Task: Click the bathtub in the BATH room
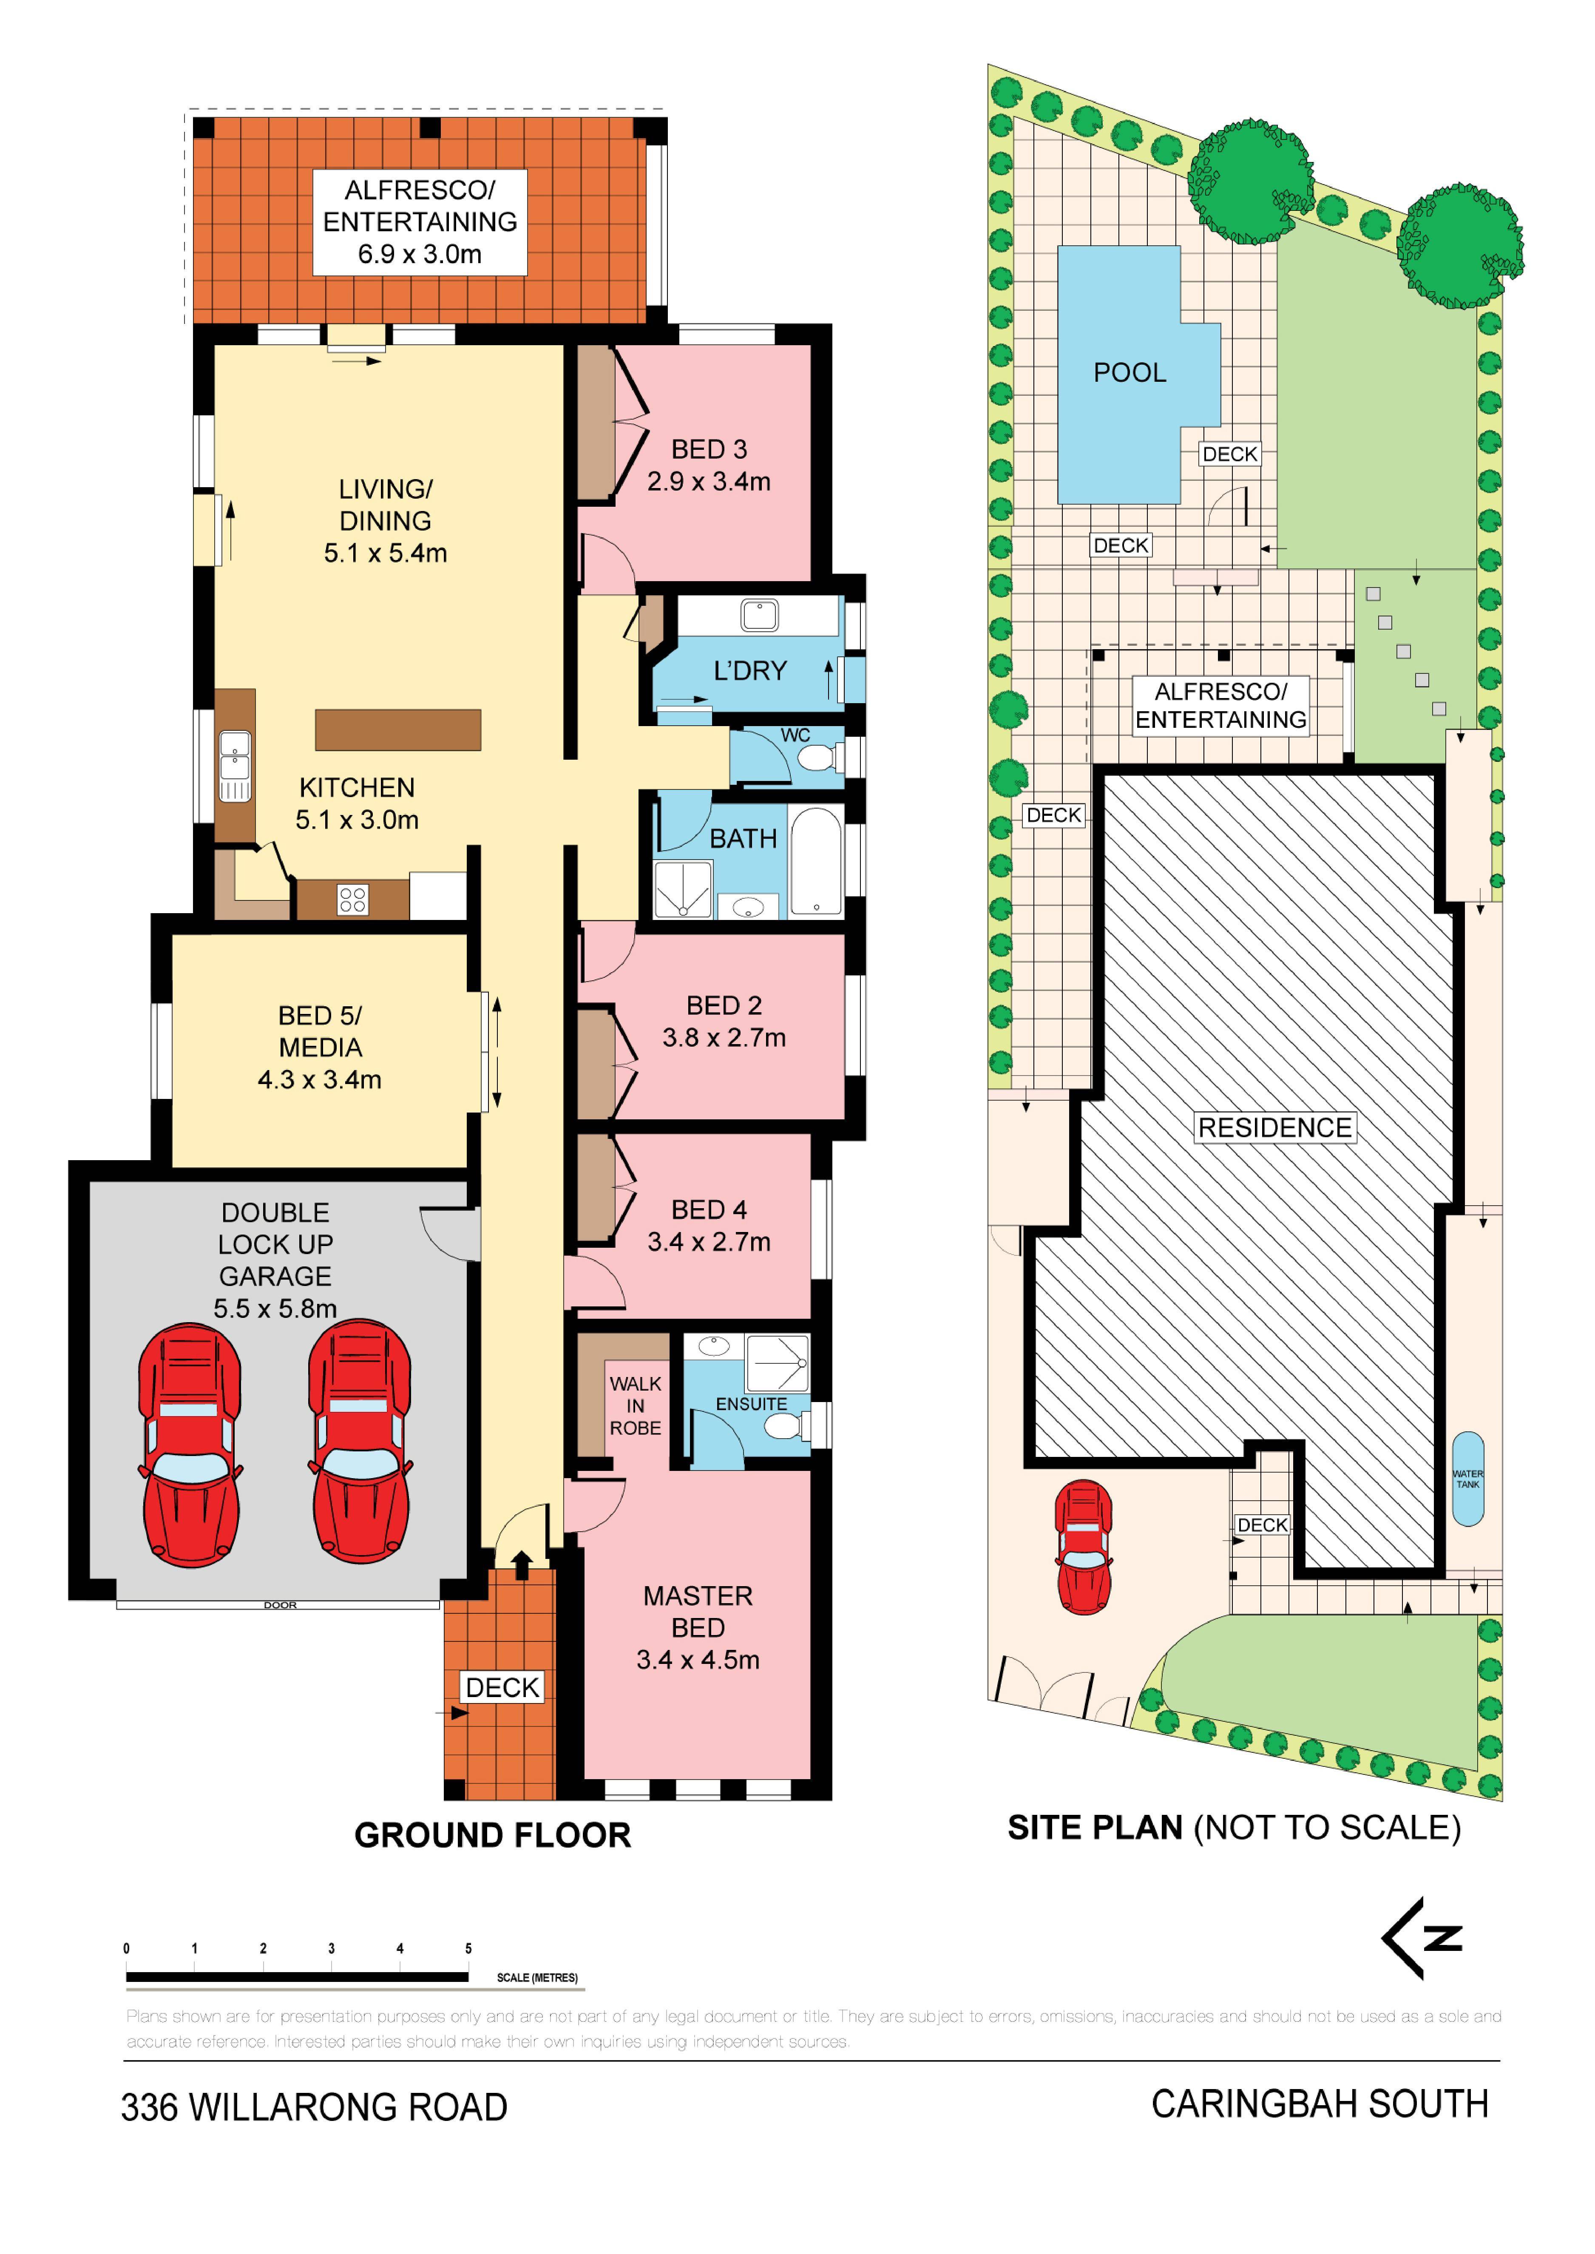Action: [x=816, y=861]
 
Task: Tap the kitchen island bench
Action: [x=398, y=730]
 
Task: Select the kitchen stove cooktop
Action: [x=352, y=900]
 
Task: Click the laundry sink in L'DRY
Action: [x=759, y=616]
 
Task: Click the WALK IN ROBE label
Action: [x=636, y=1405]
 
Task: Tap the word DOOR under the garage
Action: [x=280, y=1605]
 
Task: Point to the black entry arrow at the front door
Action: [x=522, y=1564]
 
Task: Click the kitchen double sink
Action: [x=234, y=766]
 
